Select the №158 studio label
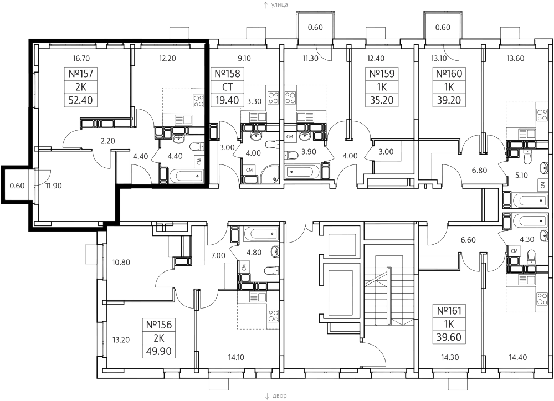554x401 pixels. click(x=225, y=74)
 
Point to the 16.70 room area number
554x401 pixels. click(x=81, y=57)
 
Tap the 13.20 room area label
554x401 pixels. click(x=121, y=340)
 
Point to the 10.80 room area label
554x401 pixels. click(x=121, y=262)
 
